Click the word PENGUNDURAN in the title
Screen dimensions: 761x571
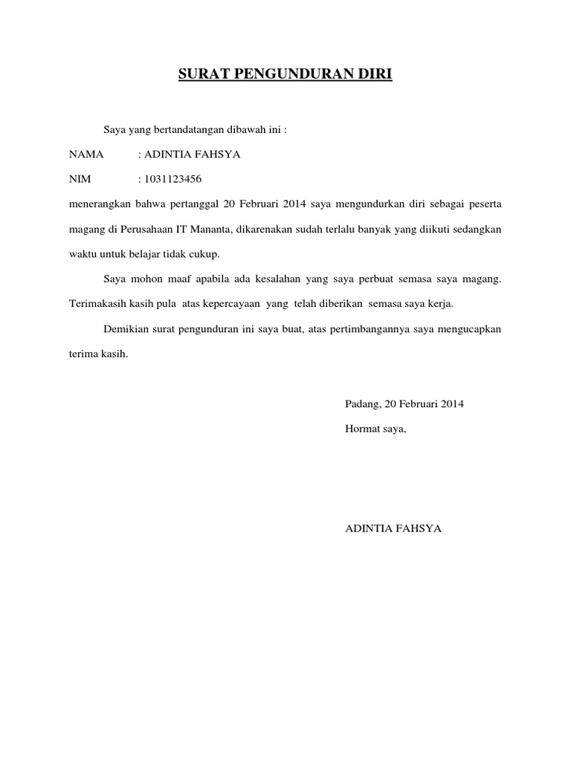(x=289, y=74)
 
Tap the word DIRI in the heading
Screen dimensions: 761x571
(x=374, y=74)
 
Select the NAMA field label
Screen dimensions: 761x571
(x=86, y=155)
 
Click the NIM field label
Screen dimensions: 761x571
(x=79, y=180)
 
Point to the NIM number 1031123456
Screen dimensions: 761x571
(x=172, y=180)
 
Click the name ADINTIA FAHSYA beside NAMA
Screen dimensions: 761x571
(x=193, y=155)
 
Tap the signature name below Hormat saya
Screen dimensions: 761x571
(x=393, y=528)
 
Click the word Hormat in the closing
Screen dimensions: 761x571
(x=362, y=429)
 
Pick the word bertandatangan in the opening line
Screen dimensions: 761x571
(x=195, y=129)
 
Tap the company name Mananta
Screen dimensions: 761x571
(x=213, y=230)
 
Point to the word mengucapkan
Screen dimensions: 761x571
(x=469, y=329)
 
